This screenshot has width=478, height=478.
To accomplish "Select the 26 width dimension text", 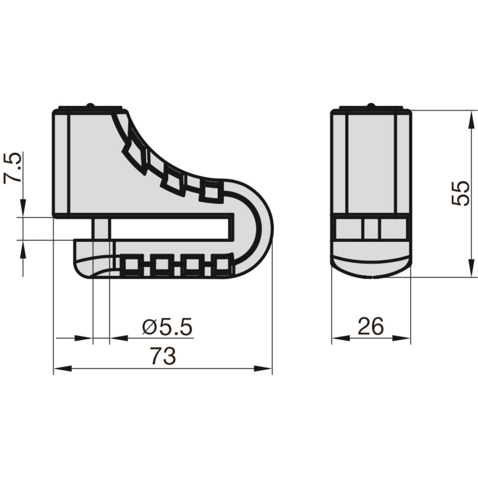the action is click(x=371, y=326).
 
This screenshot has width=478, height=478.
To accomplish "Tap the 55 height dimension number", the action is click(x=460, y=194).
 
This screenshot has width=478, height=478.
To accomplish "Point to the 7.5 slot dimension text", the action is click(x=13, y=168).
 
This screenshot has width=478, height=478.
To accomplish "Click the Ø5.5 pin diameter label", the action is click(x=168, y=327).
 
